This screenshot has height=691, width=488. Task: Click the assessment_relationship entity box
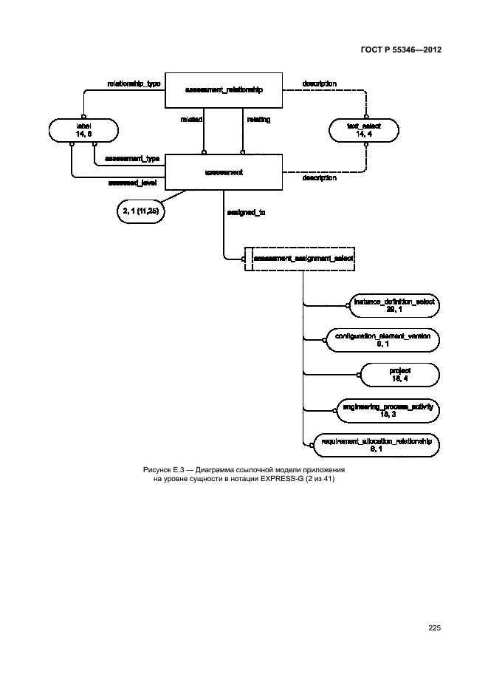[223, 89]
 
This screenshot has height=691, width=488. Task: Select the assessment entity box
[223, 171]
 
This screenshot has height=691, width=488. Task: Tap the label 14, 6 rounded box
[82, 131]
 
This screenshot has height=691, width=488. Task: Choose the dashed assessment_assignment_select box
[302, 259]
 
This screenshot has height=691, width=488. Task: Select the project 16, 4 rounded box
[399, 374]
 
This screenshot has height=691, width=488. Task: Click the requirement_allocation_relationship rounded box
[377, 444]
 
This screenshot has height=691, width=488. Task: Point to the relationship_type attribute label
[134, 84]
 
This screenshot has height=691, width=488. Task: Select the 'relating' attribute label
[258, 118]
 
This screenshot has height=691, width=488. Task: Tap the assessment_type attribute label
[132, 159]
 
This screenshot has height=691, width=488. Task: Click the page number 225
[434, 629]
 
